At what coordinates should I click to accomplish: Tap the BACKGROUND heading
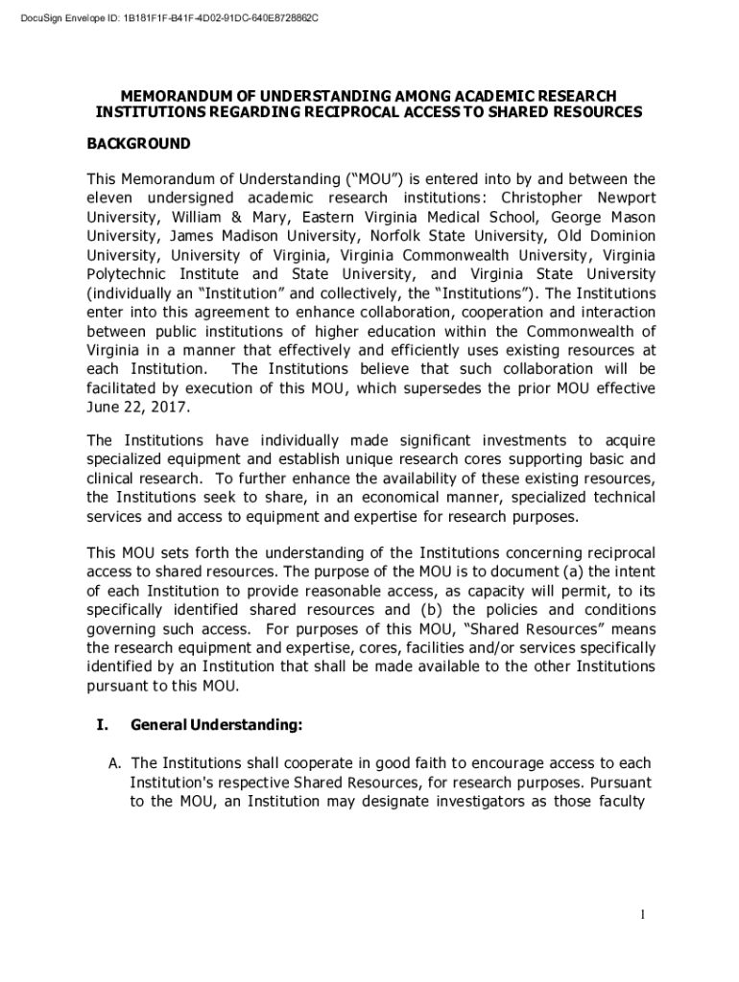point(138,144)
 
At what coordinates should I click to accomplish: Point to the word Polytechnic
point(129,274)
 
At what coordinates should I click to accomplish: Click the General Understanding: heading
point(217,725)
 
